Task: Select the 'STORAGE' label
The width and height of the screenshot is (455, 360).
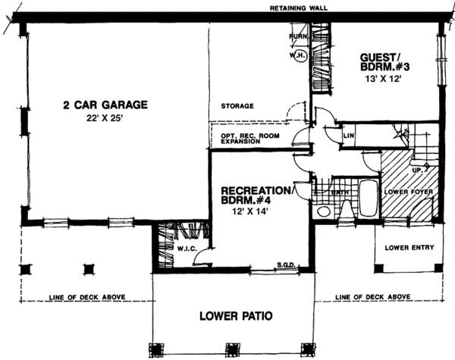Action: tap(237, 106)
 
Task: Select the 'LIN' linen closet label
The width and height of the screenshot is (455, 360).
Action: tap(349, 136)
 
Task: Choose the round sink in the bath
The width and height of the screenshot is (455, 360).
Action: tap(322, 211)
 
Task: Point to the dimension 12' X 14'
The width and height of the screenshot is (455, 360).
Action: tap(252, 213)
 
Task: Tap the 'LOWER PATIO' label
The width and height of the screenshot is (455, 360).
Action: tap(235, 315)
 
